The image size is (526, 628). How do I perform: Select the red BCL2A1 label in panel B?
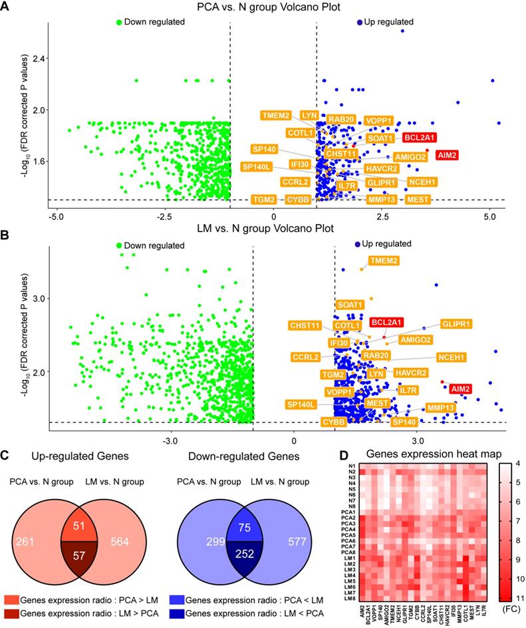coord(386,322)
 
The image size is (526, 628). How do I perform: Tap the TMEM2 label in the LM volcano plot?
coord(384,260)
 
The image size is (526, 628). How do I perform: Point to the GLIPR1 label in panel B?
coord(456,324)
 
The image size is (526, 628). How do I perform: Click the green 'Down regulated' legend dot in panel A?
coord(120,22)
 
